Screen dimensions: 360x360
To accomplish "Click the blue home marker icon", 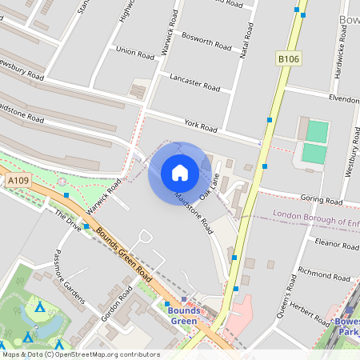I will click(x=180, y=173).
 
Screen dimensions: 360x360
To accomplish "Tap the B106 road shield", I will click(x=288, y=58).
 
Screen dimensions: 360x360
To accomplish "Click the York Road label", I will click(x=201, y=126).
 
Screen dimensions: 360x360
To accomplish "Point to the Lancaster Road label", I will click(x=194, y=82).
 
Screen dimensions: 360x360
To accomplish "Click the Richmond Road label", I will click(x=324, y=274).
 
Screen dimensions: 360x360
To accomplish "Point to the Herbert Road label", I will click(x=310, y=305).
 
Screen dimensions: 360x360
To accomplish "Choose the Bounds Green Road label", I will click(x=124, y=253).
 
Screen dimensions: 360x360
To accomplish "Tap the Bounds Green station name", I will click(x=183, y=316).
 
